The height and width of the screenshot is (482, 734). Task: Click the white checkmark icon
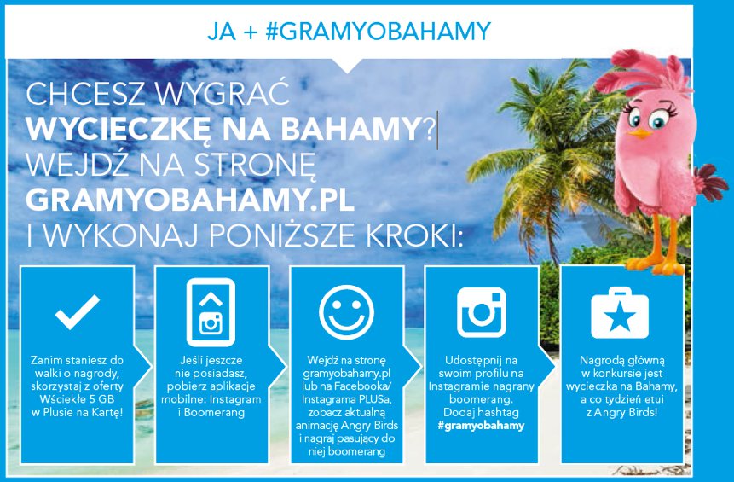click(78, 312)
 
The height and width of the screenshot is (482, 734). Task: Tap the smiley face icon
click(346, 312)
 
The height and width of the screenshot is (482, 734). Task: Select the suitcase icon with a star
click(620, 313)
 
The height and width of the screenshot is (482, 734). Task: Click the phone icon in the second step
click(211, 312)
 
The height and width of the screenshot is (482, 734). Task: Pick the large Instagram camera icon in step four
click(481, 312)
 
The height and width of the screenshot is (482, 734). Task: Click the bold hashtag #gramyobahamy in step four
click(481, 426)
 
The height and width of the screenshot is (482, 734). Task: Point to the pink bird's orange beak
click(640, 133)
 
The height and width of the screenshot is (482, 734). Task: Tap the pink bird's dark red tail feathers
click(710, 183)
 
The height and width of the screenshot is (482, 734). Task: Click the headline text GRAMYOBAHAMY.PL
click(189, 200)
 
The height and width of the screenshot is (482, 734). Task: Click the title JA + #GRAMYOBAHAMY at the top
click(350, 32)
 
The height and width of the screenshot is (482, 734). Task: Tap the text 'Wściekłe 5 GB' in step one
click(78, 399)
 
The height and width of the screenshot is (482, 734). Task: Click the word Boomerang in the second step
click(214, 413)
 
